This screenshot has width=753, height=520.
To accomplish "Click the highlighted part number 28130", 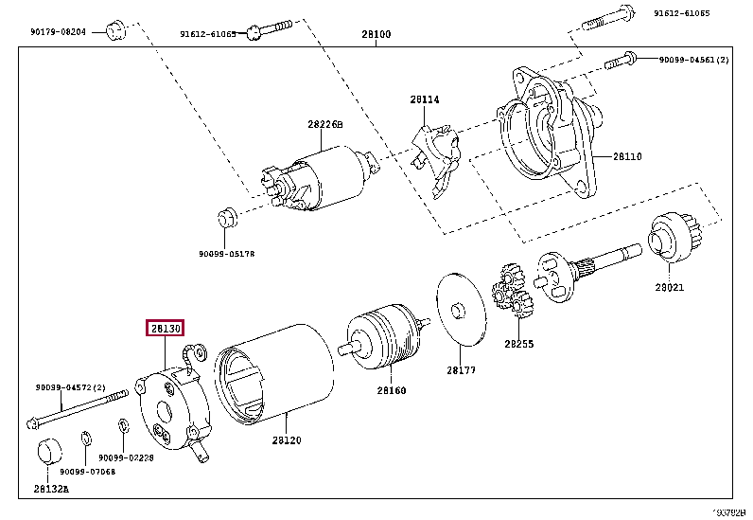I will click(163, 328).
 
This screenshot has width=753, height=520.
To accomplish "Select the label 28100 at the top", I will click(376, 34).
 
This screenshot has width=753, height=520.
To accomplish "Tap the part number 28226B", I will click(324, 124).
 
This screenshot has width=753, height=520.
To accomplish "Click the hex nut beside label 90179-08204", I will click(114, 29).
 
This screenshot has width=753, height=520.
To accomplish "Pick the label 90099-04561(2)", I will click(694, 59).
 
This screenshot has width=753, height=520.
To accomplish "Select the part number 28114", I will click(425, 99).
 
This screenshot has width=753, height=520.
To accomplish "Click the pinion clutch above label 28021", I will click(672, 240).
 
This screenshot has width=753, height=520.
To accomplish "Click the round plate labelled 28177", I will click(459, 310).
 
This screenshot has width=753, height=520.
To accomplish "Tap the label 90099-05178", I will click(226, 254).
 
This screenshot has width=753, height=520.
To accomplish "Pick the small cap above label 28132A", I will click(49, 454).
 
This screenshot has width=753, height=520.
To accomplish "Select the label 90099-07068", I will click(88, 471).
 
